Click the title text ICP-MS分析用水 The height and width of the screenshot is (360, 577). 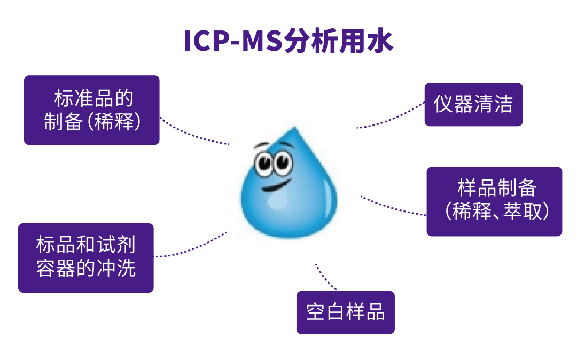point(288,42)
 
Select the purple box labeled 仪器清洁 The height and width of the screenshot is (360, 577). point(473,105)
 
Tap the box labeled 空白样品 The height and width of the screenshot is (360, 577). point(345,312)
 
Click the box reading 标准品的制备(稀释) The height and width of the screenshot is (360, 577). point(91,110)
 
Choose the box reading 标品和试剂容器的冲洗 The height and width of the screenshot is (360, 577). point(86,257)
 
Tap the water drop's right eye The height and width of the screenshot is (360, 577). point(283,160)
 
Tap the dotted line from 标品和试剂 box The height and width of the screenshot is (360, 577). point(192,249)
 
